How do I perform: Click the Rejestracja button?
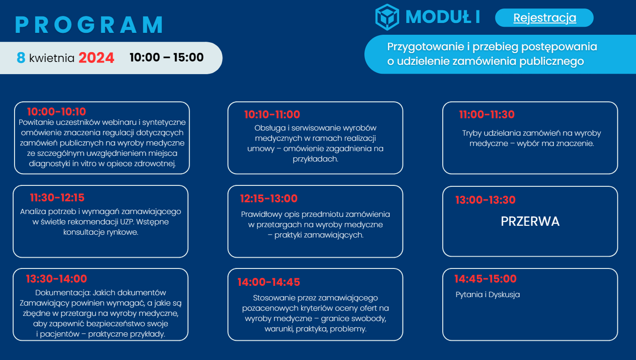pos(544,18)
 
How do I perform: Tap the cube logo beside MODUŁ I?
pos(387,17)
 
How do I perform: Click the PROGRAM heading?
pos(89,25)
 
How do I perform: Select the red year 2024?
pos(96,58)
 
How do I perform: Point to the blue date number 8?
pos(21,58)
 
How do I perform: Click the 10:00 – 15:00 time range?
pos(167,57)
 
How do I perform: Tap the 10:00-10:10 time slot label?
pos(56,112)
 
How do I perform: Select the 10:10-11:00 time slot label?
pos(272,115)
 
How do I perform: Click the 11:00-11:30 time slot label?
pos(487,115)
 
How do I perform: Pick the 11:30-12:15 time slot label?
pos(57,198)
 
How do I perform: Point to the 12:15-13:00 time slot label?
pos(269,199)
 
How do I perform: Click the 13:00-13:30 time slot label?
pos(485,200)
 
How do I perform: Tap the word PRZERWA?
pos(530,222)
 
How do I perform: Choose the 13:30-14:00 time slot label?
pos(56,279)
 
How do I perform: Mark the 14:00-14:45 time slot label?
pos(269,282)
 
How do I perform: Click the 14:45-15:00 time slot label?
pos(485,279)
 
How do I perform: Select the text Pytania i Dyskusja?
pos(487,295)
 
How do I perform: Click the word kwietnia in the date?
pos(52,58)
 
